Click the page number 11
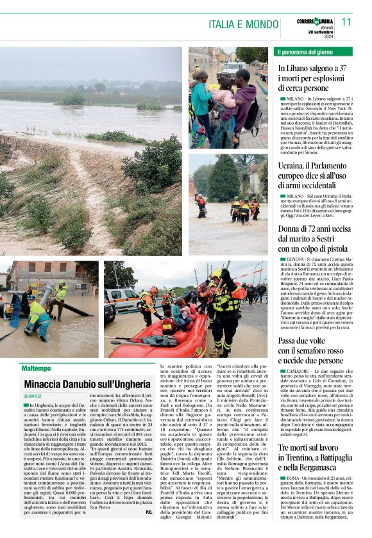click(347, 21)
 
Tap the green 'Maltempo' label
click(36, 368)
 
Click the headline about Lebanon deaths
click(312, 77)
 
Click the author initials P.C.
click(149, 530)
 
